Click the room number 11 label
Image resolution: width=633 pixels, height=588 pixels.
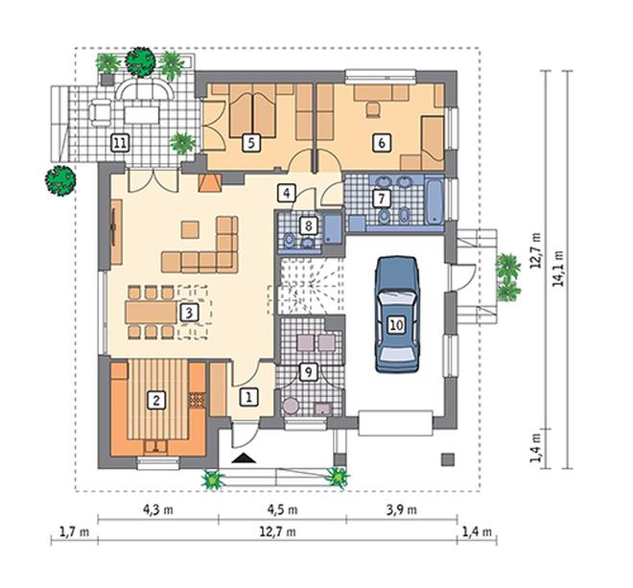tap(120, 143)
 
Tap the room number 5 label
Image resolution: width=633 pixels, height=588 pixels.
tap(251, 143)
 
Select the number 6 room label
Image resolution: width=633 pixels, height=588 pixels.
tap(382, 143)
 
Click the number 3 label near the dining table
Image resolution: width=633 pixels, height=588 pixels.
tap(189, 313)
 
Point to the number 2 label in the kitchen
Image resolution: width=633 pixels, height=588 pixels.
tap(156, 400)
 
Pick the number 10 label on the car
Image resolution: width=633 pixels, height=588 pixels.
tap(397, 324)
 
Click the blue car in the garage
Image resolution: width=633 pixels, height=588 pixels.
tap(397, 314)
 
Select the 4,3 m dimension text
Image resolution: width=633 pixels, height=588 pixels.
tap(158, 510)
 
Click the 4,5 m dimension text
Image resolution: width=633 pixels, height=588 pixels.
tap(282, 510)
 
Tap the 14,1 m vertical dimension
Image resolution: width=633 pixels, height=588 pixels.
tap(559, 269)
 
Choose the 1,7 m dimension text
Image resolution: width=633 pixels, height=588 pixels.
tap(75, 531)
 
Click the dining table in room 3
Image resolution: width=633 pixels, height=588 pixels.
tap(151, 312)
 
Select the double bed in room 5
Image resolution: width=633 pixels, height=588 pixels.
tap(253, 110)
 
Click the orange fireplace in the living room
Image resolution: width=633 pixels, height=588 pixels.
tap(210, 182)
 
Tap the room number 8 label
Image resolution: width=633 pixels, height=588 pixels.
tap(309, 225)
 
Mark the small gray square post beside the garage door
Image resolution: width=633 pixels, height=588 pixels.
tap(448, 459)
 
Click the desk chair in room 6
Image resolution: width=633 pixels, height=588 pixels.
tap(373, 109)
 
